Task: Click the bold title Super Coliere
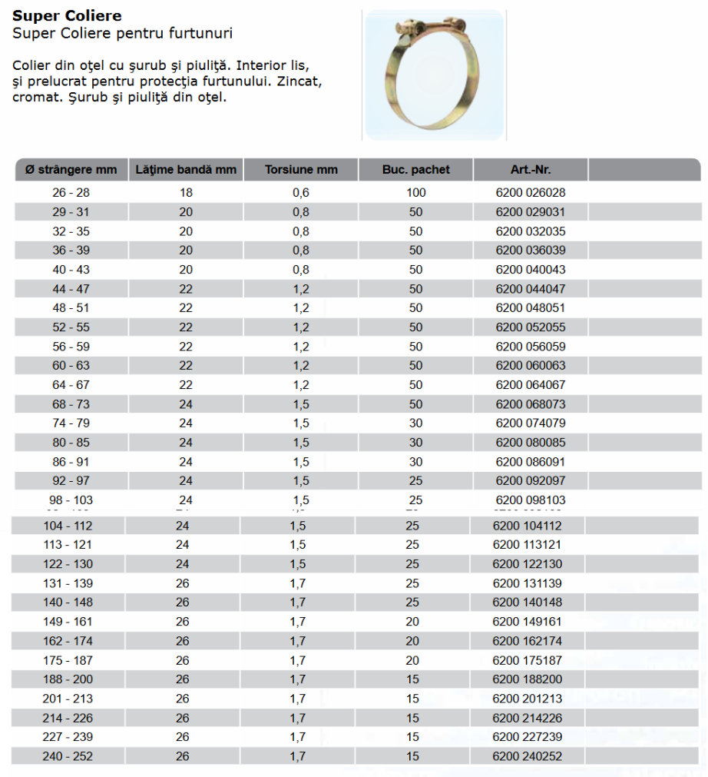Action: (67, 16)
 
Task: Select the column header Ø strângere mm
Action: (71, 170)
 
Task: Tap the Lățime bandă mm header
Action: (186, 170)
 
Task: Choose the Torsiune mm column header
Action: (301, 170)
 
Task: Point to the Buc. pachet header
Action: (416, 170)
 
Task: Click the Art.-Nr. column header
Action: (531, 170)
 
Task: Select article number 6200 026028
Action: (531, 193)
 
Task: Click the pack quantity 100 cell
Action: (416, 193)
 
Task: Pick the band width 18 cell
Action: (186, 193)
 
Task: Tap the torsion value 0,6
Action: (301, 193)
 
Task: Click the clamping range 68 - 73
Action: (71, 404)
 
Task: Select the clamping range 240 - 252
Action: (68, 756)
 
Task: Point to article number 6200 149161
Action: (528, 622)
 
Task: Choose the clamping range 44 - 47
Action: (71, 289)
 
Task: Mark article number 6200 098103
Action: (531, 500)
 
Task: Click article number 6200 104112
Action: (528, 526)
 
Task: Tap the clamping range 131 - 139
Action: (68, 583)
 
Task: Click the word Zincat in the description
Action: (297, 80)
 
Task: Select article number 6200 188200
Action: (528, 679)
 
